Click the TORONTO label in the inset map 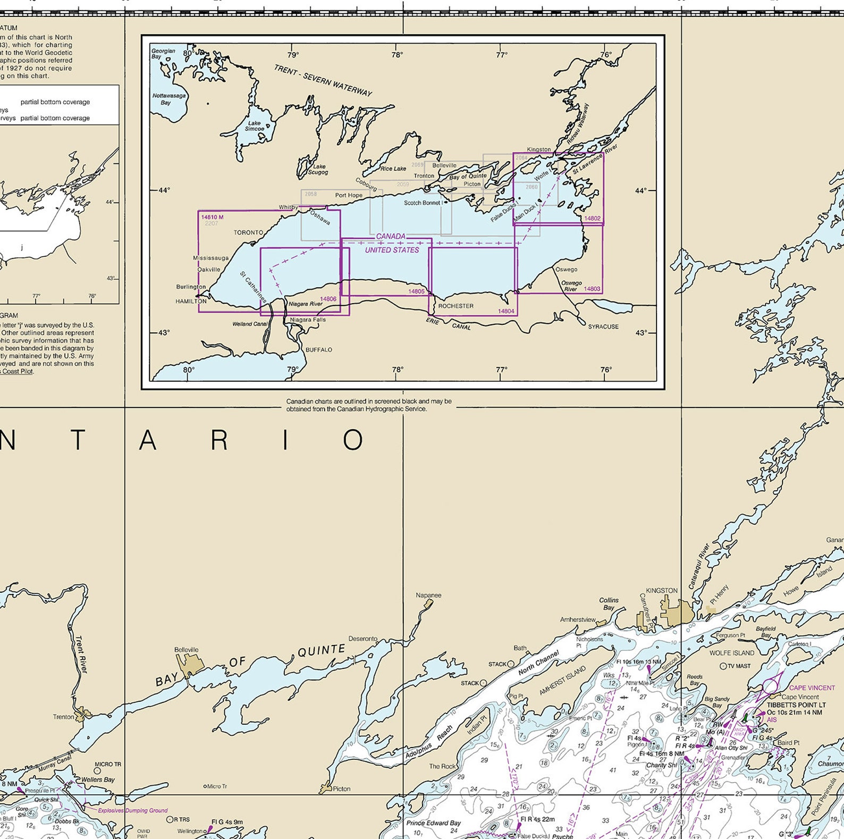pyautogui.click(x=248, y=232)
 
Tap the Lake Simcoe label pyautogui.click(x=255, y=126)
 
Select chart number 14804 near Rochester pyautogui.click(x=506, y=311)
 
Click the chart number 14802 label pyautogui.click(x=592, y=219)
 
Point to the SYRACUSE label pyautogui.click(x=603, y=326)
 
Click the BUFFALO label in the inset pyautogui.click(x=319, y=350)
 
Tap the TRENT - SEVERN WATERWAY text pyautogui.click(x=323, y=80)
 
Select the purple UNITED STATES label pyautogui.click(x=392, y=250)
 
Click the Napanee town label pyautogui.click(x=428, y=595)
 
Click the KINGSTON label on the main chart pyautogui.click(x=661, y=591)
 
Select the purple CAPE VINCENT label pyautogui.click(x=812, y=687)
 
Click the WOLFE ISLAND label pyautogui.click(x=732, y=653)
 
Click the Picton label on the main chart pyautogui.click(x=341, y=788)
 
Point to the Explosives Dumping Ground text pyautogui.click(x=133, y=810)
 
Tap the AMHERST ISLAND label pyautogui.click(x=562, y=680)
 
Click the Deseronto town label pyautogui.click(x=363, y=639)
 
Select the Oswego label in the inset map pyautogui.click(x=566, y=270)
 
